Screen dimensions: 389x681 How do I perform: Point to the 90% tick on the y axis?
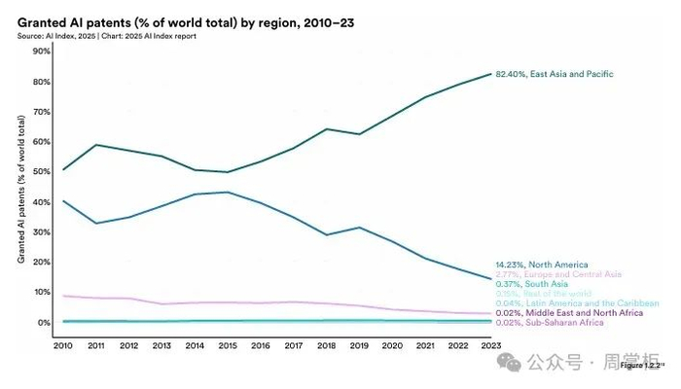(42, 52)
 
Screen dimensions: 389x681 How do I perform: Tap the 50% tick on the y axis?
(42, 172)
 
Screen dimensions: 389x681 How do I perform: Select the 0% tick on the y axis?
(44, 323)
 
